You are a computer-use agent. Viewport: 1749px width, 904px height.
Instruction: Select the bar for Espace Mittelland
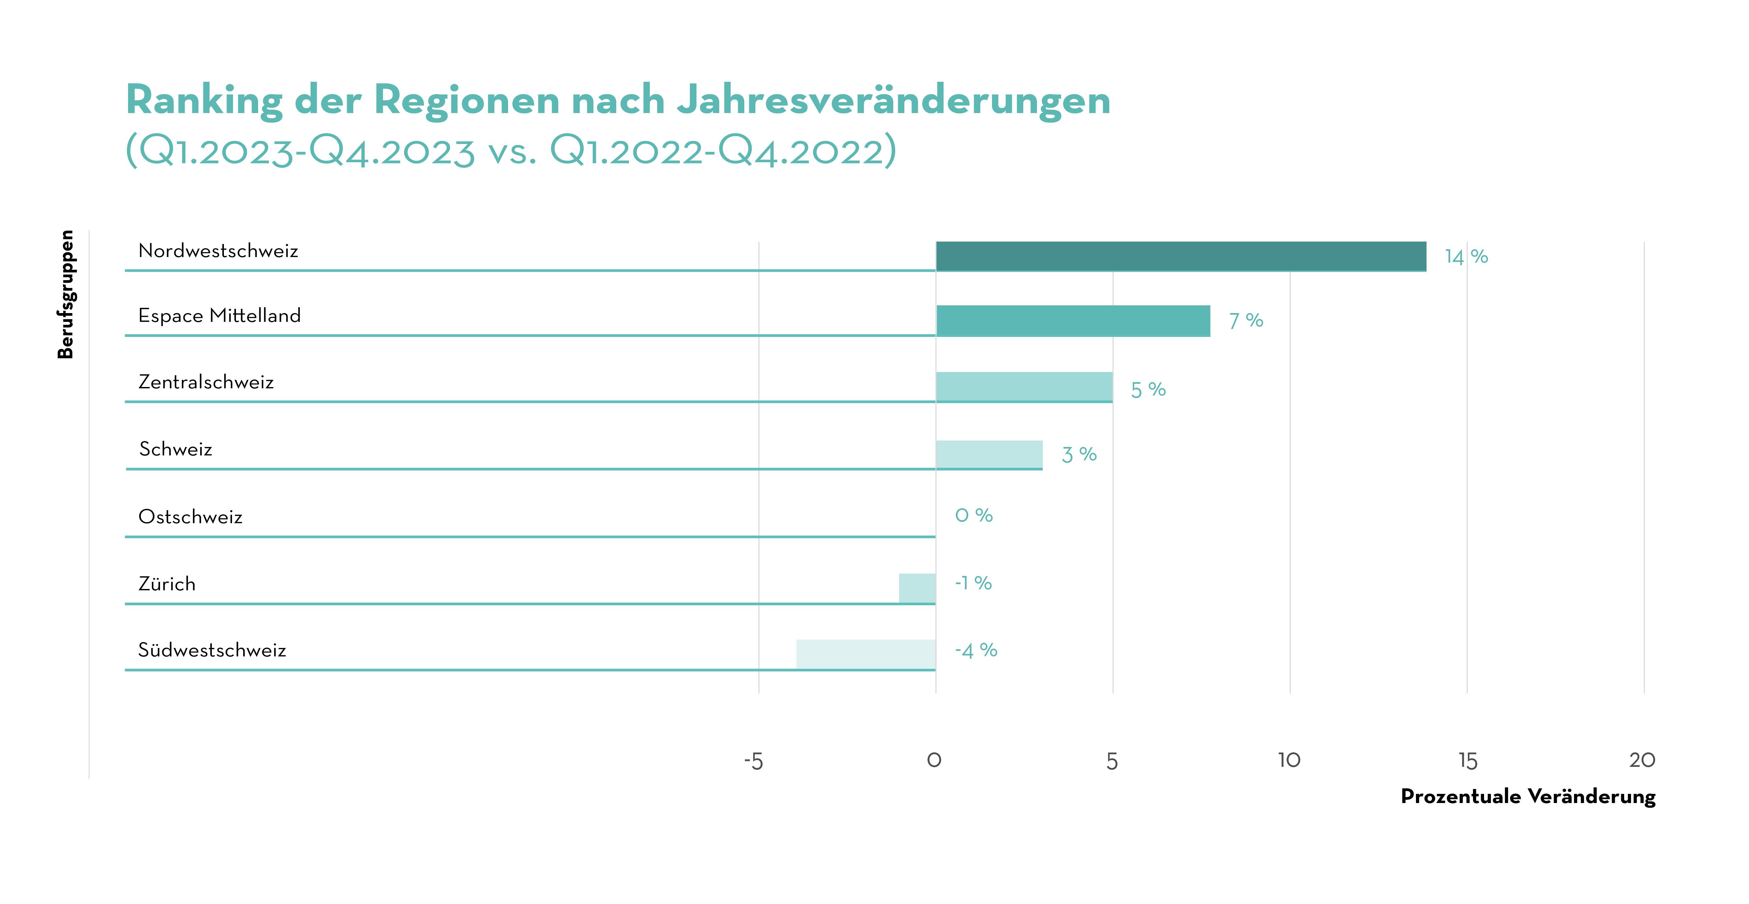pos(1073,321)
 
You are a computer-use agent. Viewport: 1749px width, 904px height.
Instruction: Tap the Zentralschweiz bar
pos(1024,387)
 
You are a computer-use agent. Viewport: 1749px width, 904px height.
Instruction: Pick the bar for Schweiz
pos(989,454)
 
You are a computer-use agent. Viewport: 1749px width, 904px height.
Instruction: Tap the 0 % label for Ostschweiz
pos(974,516)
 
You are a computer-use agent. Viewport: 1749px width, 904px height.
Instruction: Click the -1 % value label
pos(973,583)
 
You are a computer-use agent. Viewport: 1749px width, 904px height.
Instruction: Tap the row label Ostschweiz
pos(190,517)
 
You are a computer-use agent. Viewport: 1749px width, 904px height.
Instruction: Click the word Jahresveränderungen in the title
pos(894,100)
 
